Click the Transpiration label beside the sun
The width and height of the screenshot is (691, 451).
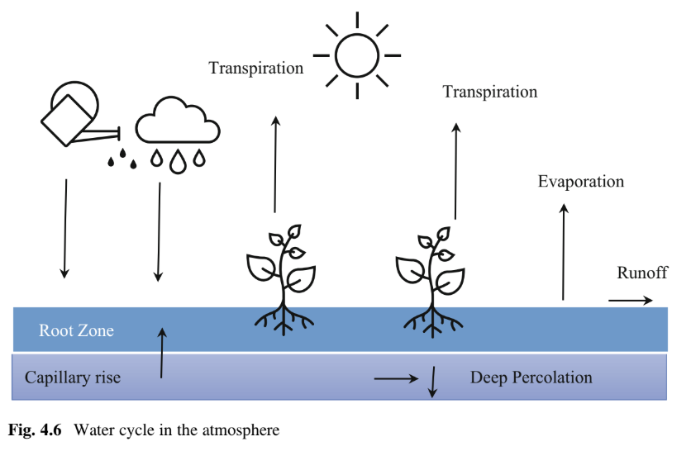[256, 68]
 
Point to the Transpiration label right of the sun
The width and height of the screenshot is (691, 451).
[490, 92]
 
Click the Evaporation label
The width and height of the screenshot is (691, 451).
[581, 182]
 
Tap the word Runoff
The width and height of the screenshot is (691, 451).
[642, 273]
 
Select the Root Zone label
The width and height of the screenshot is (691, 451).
[77, 331]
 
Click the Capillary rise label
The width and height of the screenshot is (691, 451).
[73, 377]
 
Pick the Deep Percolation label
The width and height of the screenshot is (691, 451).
[531, 377]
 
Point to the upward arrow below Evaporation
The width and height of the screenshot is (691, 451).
[565, 252]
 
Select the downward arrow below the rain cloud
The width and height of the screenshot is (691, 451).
[158, 231]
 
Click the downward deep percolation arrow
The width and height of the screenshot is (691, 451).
[431, 381]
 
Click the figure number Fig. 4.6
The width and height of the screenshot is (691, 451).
[37, 430]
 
